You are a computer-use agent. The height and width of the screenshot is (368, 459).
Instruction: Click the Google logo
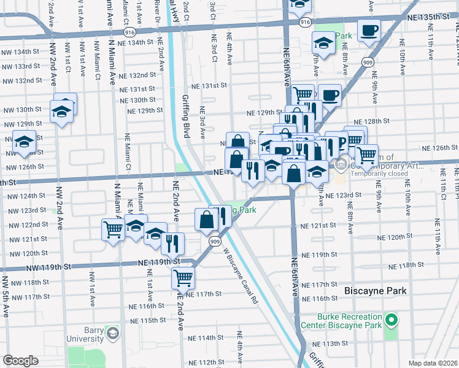[x=20, y=361]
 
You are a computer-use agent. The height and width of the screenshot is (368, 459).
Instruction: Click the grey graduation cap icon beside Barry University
[x=112, y=334]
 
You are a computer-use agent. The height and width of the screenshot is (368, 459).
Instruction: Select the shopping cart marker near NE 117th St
[x=183, y=277]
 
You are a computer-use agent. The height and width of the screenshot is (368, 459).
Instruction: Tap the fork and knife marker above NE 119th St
[x=173, y=243]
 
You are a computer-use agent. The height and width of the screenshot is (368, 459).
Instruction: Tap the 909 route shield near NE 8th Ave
[x=367, y=61]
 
